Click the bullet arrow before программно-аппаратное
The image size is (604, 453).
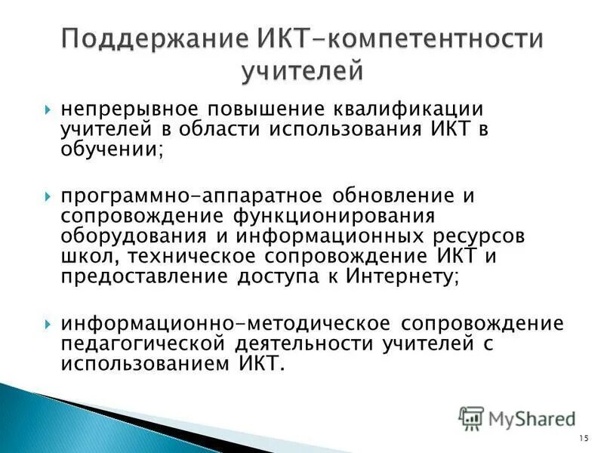[x=48, y=196]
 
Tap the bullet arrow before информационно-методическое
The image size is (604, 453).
[x=48, y=323]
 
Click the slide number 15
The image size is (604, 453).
[x=584, y=438]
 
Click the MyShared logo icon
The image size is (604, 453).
[x=471, y=417]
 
